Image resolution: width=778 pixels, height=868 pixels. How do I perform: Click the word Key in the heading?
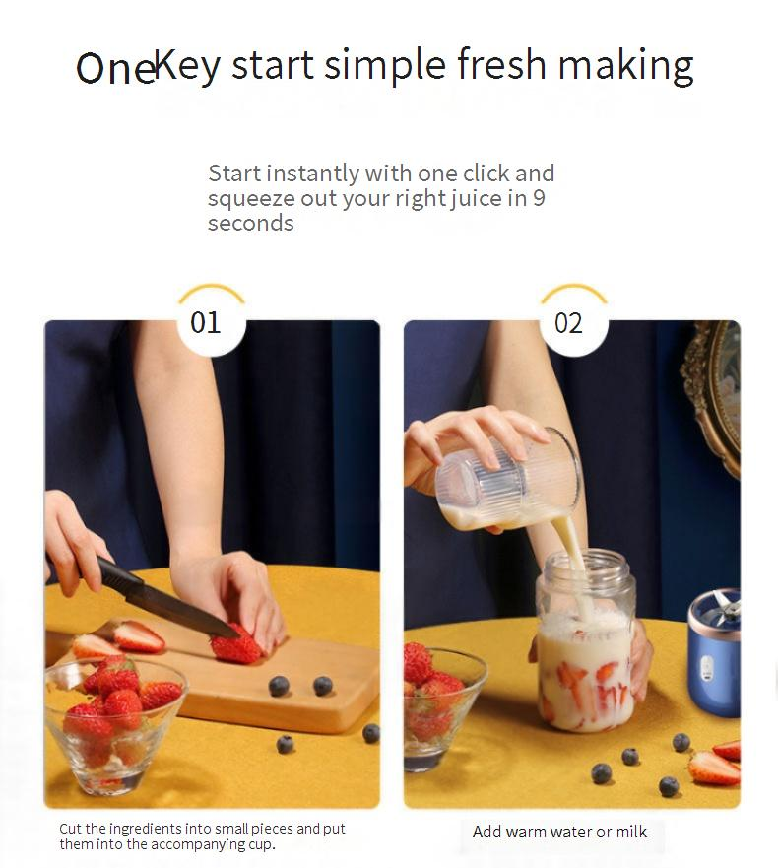(x=187, y=65)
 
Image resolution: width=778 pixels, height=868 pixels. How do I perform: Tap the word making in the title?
(x=625, y=65)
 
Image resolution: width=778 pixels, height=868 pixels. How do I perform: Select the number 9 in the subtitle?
(x=539, y=198)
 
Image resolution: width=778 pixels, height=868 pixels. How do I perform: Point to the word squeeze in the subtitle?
(x=251, y=198)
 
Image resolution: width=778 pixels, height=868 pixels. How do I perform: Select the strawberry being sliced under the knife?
(x=235, y=646)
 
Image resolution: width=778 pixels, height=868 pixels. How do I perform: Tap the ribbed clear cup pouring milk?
(x=506, y=481)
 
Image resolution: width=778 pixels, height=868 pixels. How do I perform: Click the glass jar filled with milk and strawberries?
(x=585, y=642)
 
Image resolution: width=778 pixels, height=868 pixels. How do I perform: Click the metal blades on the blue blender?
(x=726, y=605)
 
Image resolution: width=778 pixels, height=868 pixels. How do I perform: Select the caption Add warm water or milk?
(x=559, y=832)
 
